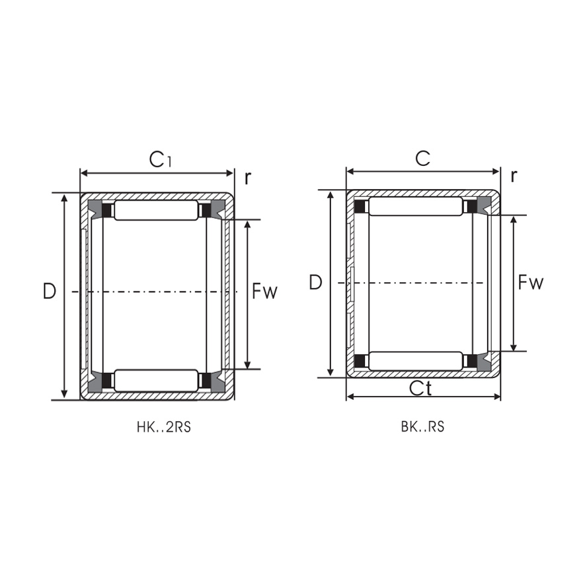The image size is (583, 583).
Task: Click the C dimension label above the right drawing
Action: click(x=422, y=158)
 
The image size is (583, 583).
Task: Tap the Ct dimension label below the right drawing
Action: click(x=420, y=389)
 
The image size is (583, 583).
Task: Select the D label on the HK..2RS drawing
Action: click(x=50, y=291)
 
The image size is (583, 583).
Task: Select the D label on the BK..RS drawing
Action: click(x=315, y=283)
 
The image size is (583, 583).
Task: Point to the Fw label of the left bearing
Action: click(x=264, y=291)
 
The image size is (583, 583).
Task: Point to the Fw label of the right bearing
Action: click(x=530, y=283)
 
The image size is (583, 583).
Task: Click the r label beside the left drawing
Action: click(x=248, y=177)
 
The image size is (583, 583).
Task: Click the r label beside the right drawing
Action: click(x=514, y=175)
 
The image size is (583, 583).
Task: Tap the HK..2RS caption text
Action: click(x=163, y=427)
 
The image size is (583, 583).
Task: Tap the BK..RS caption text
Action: click(x=422, y=427)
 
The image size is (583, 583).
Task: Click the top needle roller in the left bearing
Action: click(x=156, y=211)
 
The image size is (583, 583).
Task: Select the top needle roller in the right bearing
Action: click(x=415, y=207)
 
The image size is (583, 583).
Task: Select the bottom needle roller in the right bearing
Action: click(x=415, y=361)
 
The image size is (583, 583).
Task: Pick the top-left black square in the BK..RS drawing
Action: click(x=360, y=207)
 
